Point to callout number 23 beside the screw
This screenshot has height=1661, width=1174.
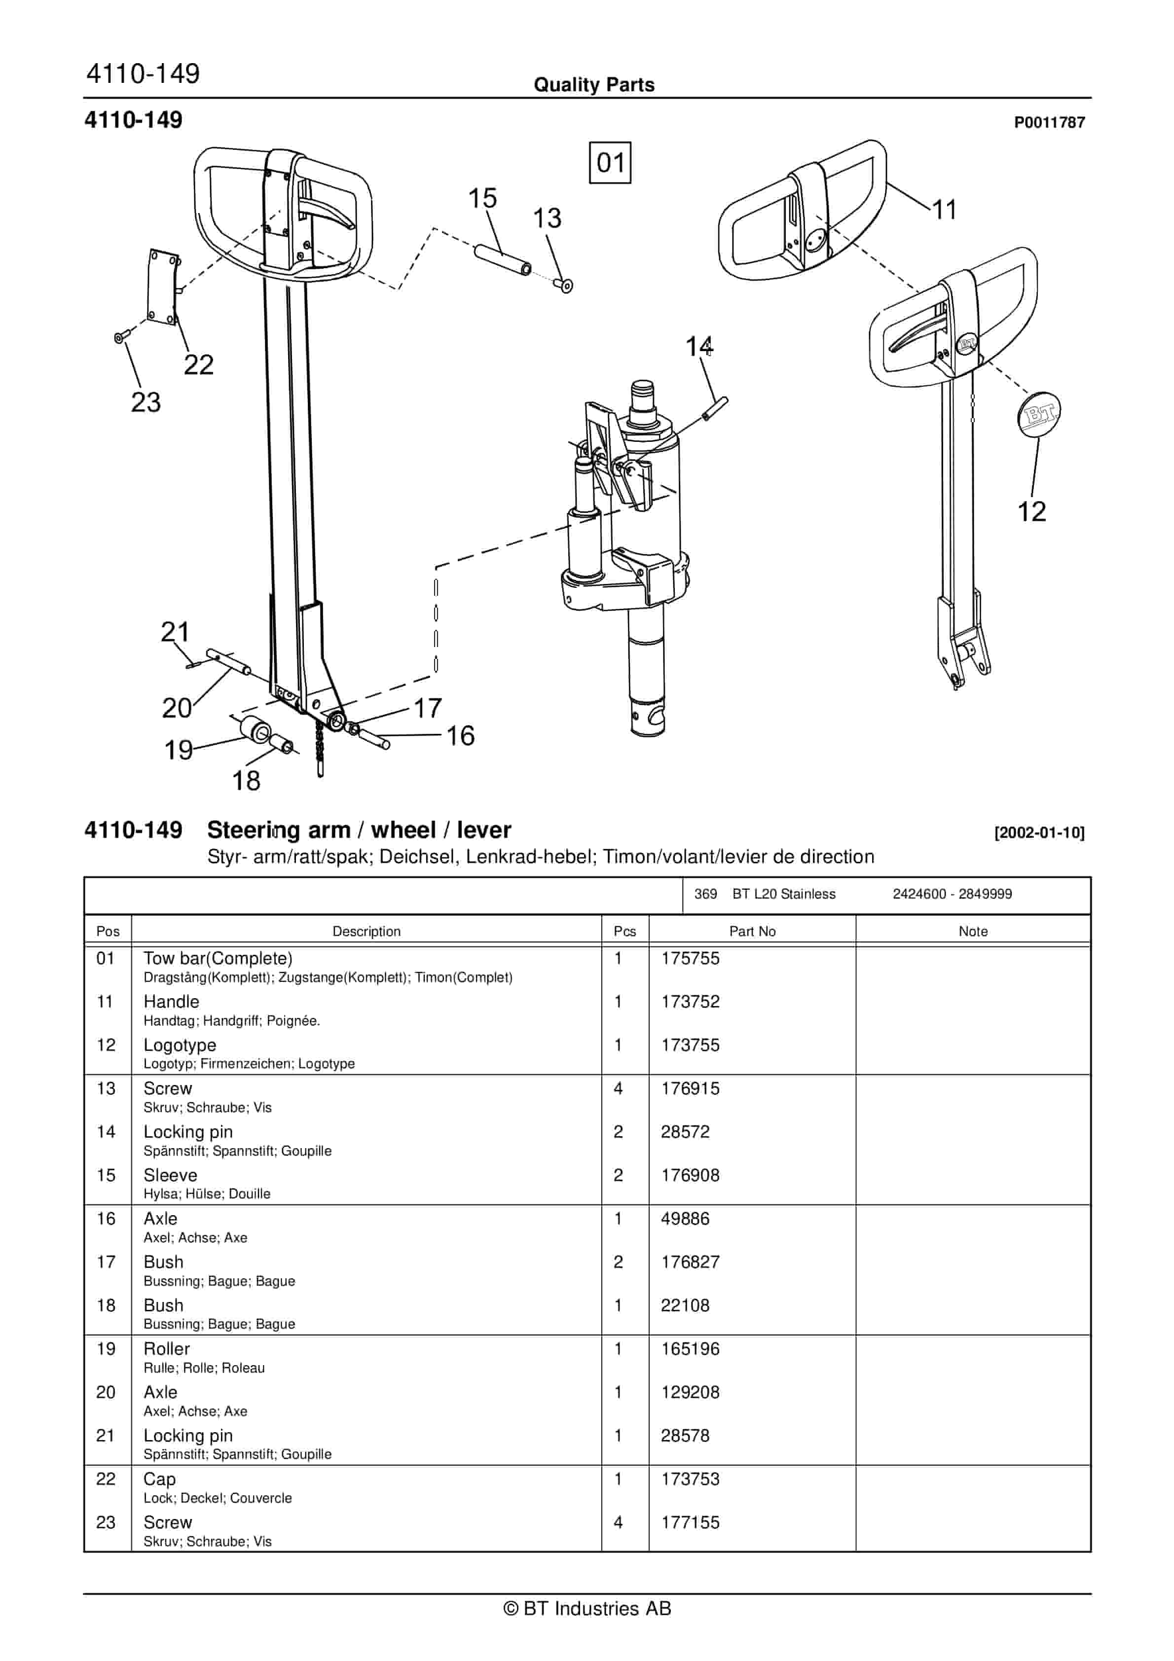[146, 402]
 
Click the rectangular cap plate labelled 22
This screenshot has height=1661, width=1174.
[162, 287]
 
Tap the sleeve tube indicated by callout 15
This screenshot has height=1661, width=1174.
[502, 261]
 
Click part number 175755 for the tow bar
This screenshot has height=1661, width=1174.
[690, 959]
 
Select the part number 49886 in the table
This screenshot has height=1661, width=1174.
[685, 1219]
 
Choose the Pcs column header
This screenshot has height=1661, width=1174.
[624, 931]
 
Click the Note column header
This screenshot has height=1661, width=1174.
[972, 931]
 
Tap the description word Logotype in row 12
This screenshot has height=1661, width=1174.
[180, 1046]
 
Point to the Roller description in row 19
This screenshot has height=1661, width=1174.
[166, 1349]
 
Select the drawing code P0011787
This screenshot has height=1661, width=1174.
[1049, 122]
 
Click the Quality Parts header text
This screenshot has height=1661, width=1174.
[593, 85]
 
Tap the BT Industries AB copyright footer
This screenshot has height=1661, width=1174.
[587, 1608]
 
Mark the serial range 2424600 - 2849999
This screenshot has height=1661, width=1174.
[952, 894]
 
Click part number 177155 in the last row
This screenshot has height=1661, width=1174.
[690, 1523]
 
